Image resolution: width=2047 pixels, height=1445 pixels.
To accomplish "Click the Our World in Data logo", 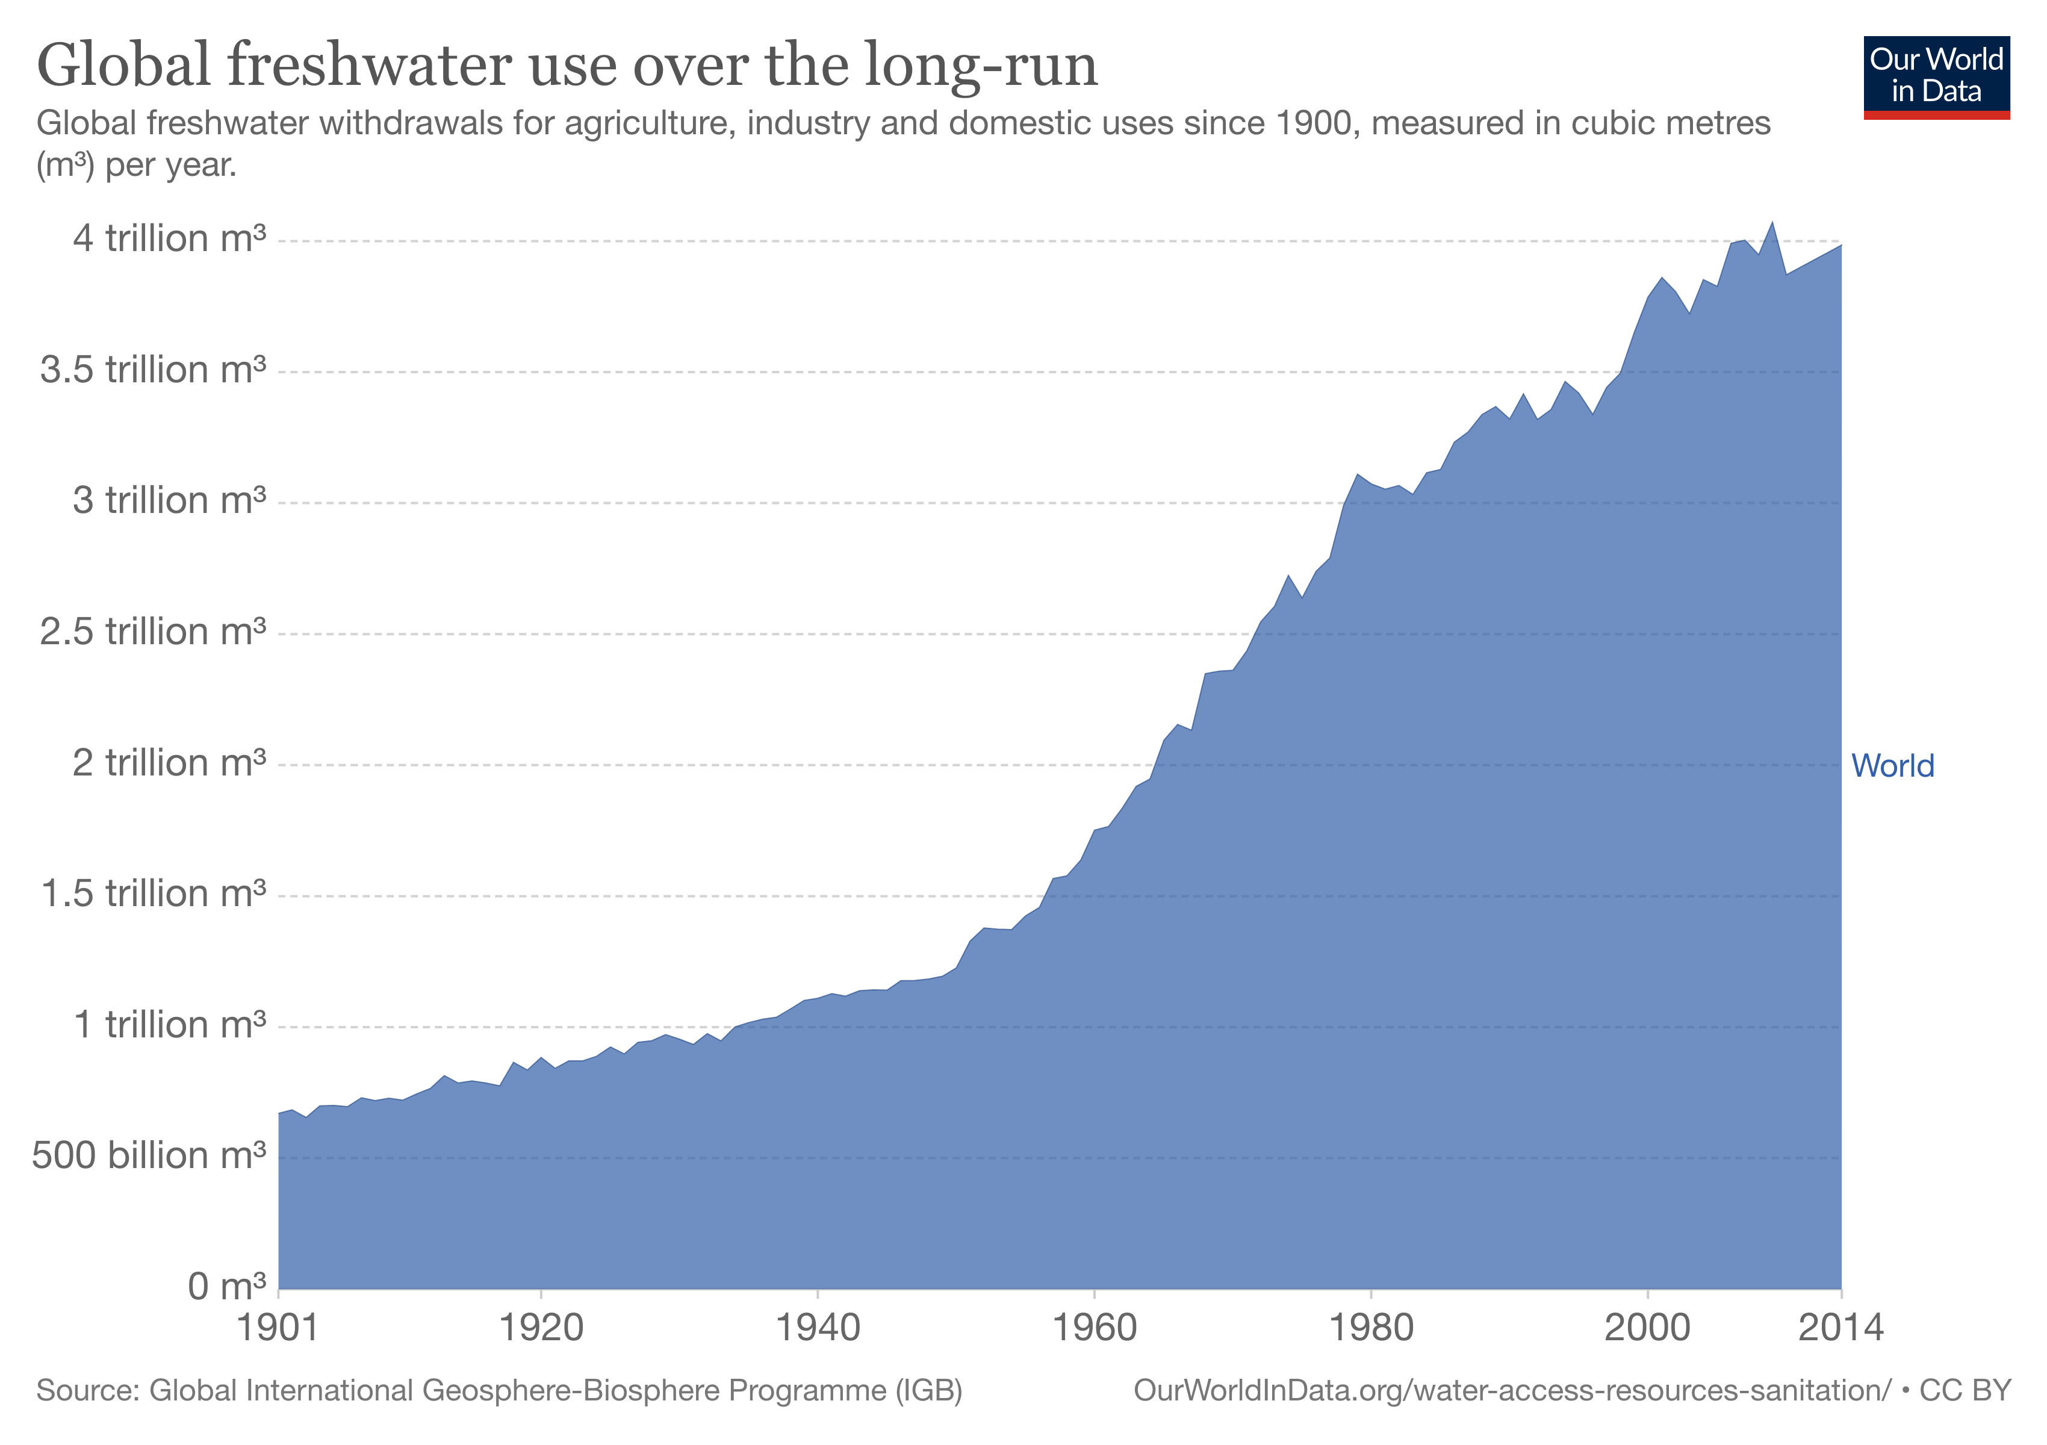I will pos(1936,76).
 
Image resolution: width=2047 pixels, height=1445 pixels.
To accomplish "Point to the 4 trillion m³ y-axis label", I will pos(169,239).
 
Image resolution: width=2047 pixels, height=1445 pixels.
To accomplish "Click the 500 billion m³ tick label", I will pos(149,1156).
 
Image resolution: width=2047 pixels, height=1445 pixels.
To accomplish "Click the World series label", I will pos(1892,766).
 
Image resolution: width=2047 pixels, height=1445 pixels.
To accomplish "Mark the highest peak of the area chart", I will pos(1771,223).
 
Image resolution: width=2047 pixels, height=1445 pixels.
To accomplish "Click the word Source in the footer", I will pos(87,1391).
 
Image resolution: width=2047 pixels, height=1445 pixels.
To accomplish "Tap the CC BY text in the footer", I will pos(1965,1391).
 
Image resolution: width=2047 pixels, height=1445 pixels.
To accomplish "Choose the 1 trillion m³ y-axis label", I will pos(169,1025).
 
